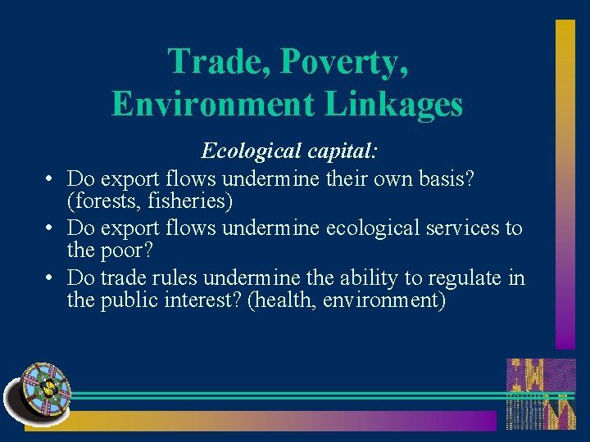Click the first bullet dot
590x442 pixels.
point(50,178)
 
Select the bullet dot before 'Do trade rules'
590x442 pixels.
point(50,278)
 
